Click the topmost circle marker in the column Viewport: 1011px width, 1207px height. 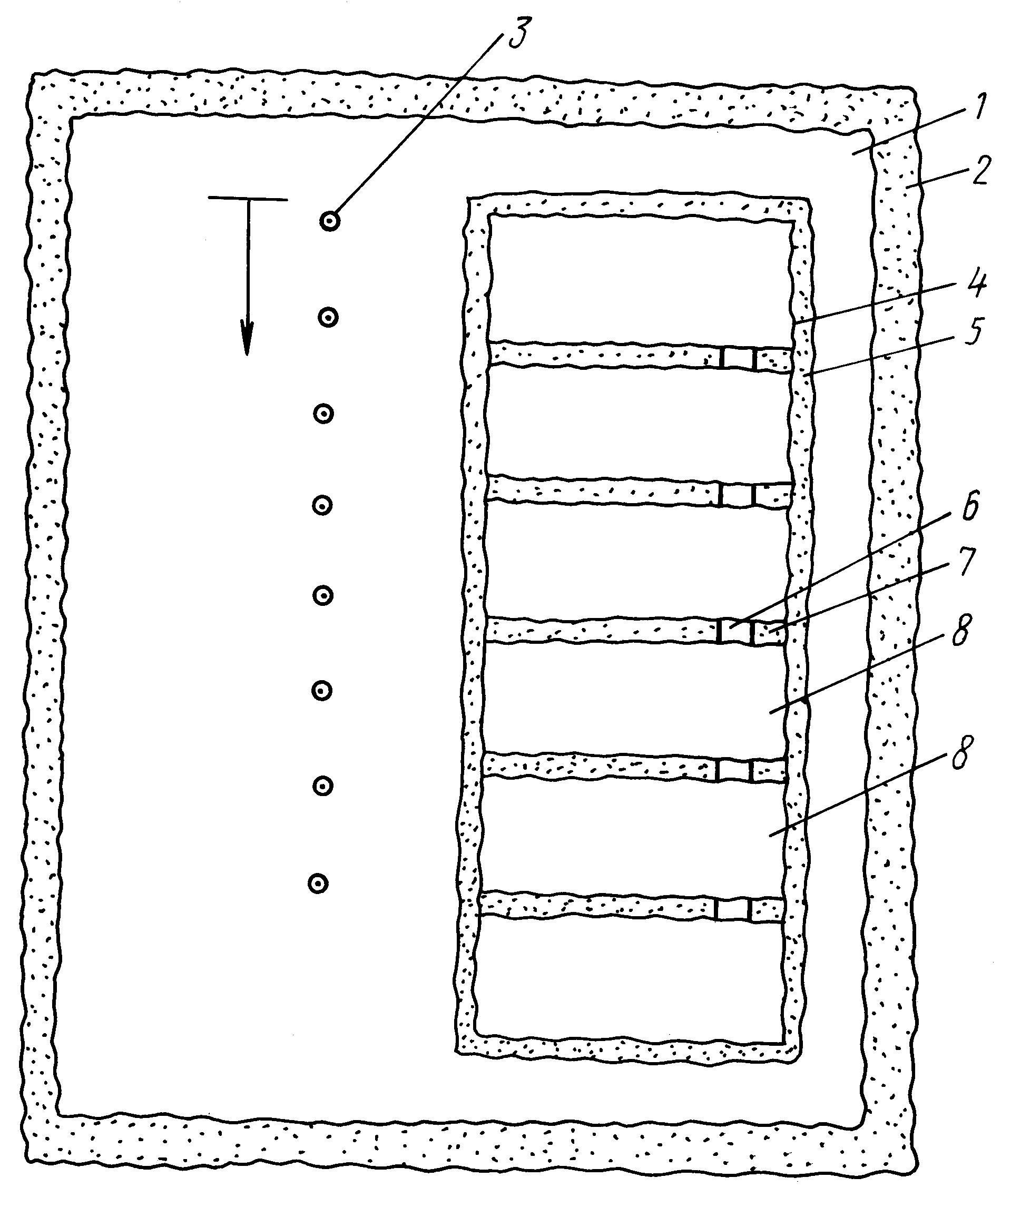point(330,221)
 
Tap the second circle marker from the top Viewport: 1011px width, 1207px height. point(328,317)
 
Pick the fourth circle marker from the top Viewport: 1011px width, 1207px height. point(322,505)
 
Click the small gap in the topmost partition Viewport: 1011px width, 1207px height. point(738,358)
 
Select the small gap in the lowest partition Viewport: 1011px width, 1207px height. point(733,910)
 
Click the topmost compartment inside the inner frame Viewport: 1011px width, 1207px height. point(641,280)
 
